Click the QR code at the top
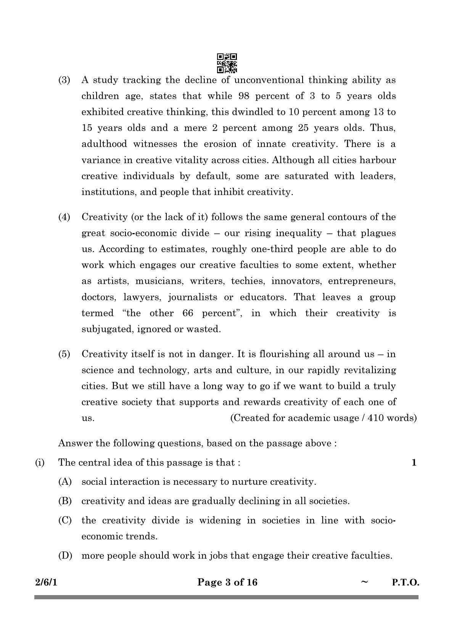[227, 63]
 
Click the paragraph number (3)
[64, 80]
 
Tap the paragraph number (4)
[64, 217]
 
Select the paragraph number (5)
[64, 354]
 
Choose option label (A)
[65, 482]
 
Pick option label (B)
[65, 501]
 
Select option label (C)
[65, 520]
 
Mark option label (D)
[65, 555]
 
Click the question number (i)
[40, 463]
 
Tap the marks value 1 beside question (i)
[414, 463]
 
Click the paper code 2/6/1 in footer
[46, 582]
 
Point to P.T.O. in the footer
[405, 582]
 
